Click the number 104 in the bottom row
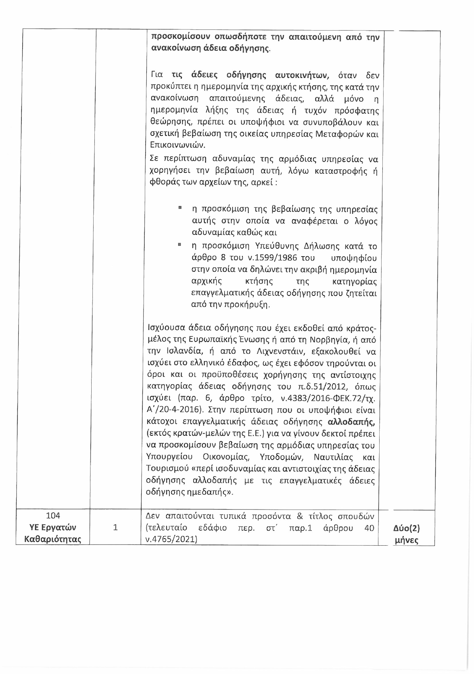[53, 516]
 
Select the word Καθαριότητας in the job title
[53, 539]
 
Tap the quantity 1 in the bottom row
[115, 527]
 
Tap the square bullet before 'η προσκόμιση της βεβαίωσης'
[180, 208]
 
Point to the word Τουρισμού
[167, 469]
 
